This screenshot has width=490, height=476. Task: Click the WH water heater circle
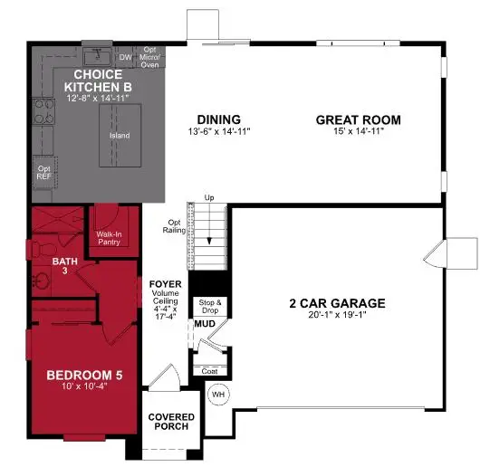click(x=218, y=395)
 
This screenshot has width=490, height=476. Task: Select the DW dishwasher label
click(x=126, y=57)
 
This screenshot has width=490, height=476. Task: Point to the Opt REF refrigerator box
click(x=43, y=171)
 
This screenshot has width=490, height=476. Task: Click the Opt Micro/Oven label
click(x=150, y=56)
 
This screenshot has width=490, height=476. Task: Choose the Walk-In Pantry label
click(x=110, y=237)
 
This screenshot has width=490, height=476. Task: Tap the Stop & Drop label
click(x=209, y=306)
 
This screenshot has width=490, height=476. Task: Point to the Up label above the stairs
click(x=210, y=198)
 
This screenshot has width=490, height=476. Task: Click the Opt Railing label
click(x=177, y=226)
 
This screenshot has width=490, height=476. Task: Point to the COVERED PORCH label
click(x=171, y=423)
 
